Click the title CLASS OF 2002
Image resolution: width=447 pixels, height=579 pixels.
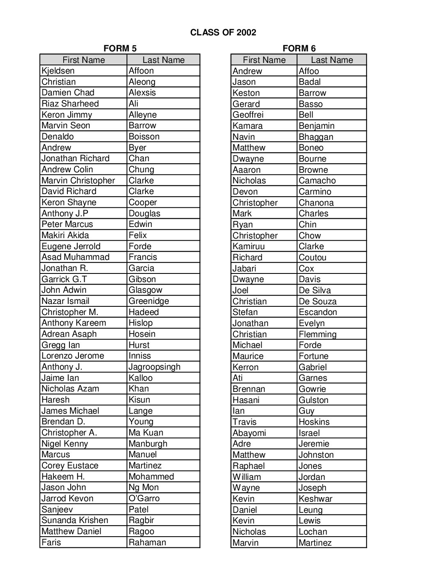coord(223,32)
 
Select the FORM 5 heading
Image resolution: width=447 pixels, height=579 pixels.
coord(120,49)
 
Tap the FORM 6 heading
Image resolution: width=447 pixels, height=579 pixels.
coord(299,49)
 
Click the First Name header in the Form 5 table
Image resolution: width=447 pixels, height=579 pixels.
coord(83,60)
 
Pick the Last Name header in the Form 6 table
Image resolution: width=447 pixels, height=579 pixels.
coord(332,60)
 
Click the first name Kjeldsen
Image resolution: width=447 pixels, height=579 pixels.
coord(58,71)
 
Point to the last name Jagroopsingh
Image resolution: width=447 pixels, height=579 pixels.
coord(154,367)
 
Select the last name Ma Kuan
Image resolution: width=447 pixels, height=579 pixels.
coord(146,433)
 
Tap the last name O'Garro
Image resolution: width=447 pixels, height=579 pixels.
coord(144,498)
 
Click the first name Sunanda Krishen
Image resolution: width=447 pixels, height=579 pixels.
coord(75,520)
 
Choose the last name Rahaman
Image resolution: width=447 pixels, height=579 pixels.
coord(147,542)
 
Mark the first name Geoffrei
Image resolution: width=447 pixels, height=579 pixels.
coord(248,115)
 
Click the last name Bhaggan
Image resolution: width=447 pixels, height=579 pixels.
coord(316,137)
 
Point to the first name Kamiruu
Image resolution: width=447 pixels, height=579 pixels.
coord(249,246)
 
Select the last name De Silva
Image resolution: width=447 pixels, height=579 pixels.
coord(315,290)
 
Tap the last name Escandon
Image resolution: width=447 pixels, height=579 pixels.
coord(318,312)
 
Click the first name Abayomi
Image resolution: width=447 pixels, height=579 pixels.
coord(249,433)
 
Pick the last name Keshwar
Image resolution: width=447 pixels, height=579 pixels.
coord(316,499)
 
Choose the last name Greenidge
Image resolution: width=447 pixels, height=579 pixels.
coord(149,301)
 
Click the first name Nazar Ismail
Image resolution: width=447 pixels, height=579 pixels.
coord(65,301)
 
